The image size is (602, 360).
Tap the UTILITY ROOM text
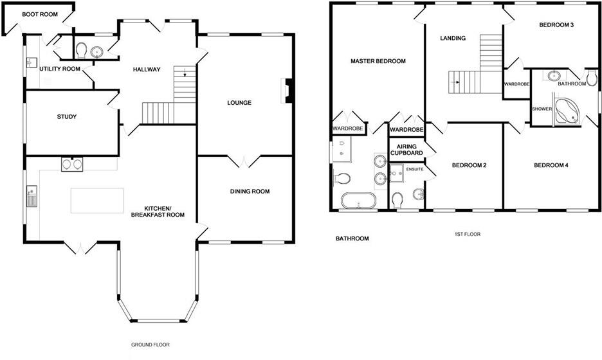60,69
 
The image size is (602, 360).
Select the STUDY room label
67,117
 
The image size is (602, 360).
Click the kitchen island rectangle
97,200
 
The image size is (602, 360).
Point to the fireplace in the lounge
286,91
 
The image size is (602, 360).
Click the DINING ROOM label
250,192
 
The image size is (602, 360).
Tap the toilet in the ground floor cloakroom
81,50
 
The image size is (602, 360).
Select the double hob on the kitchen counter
71,165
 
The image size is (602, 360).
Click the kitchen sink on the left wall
32,195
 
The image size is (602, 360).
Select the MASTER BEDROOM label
378,62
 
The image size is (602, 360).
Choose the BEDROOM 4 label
551,166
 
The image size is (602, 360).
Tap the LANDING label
453,39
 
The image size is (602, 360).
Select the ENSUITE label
415,169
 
